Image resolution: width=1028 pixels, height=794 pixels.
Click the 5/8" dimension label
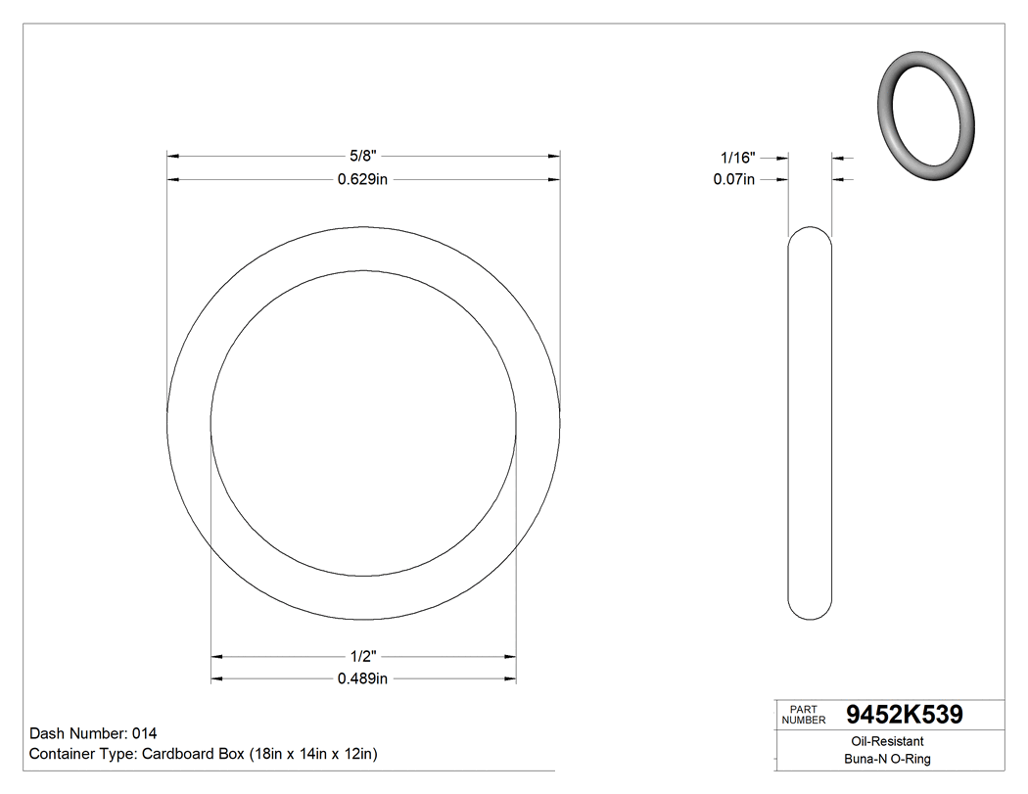click(x=363, y=155)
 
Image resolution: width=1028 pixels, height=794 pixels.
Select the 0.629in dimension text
click(x=363, y=179)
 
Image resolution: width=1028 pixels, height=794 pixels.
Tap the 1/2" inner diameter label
click(x=363, y=655)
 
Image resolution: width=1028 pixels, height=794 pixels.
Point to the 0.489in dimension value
click(x=363, y=678)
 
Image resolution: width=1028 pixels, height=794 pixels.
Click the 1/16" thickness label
click(x=737, y=156)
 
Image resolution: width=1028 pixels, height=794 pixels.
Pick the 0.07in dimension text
click(x=734, y=179)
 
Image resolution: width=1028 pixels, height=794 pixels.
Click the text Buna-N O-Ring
click(x=888, y=759)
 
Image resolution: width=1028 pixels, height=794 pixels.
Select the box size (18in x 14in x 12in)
click(x=313, y=754)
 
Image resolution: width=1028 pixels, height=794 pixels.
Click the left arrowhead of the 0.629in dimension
click(x=173, y=179)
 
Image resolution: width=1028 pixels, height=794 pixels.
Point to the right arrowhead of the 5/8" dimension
click(x=553, y=156)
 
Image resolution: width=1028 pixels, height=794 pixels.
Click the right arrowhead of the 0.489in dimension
click(x=510, y=678)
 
